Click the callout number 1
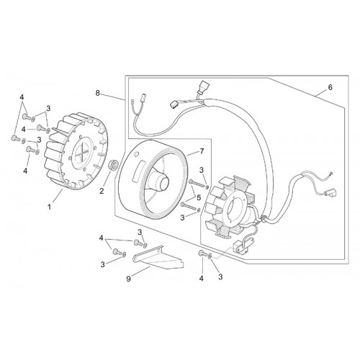pos(49,207)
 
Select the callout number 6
pos(330,88)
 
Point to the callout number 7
pos(202,151)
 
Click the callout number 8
pos(97,93)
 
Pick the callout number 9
pos(128,279)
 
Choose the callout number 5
pos(199,197)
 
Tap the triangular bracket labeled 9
pos(158,258)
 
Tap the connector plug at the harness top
pos(201,87)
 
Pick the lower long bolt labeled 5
pos(189,207)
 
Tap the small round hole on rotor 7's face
pos(137,153)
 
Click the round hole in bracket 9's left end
pos(137,258)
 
